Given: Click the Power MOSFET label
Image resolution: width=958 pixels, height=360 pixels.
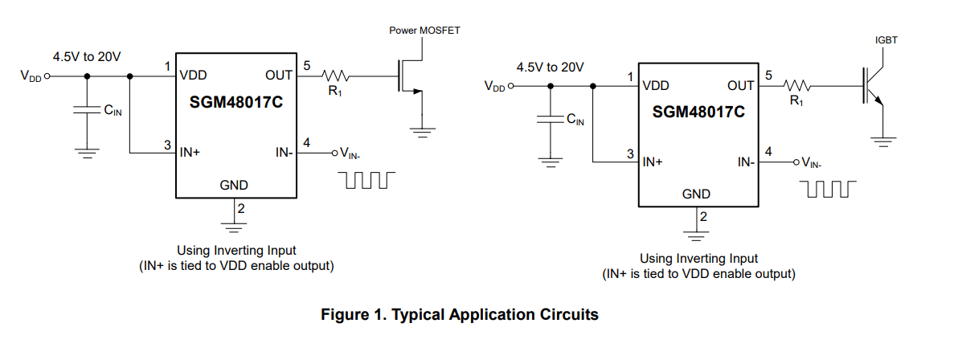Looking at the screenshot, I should click(x=424, y=31).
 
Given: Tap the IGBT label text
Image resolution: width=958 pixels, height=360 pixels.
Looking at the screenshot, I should click(x=886, y=39).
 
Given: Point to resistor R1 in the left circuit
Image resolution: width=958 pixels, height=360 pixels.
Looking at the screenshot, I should click(x=334, y=76).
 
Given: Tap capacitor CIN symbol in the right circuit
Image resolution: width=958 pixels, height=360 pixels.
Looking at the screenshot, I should click(x=551, y=120).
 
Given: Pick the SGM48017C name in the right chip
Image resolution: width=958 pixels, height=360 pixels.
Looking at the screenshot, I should click(x=698, y=112).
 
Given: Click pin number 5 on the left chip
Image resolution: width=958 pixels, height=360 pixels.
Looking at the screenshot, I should click(x=307, y=65).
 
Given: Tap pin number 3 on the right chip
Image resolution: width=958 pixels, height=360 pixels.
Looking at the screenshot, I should click(x=631, y=153).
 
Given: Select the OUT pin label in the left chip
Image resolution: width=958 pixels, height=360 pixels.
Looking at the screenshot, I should click(x=279, y=76).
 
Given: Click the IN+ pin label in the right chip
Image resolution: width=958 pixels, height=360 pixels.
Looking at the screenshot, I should click(x=653, y=162).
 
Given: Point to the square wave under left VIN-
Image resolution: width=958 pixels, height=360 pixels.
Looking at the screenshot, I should click(x=366, y=178).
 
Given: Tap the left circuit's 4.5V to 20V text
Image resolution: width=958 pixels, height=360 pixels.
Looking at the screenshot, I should click(x=87, y=57).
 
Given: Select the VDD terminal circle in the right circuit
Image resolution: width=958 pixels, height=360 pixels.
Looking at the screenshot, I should click(x=510, y=86).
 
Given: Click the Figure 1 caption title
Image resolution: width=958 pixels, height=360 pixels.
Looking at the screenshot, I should click(x=459, y=315).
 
